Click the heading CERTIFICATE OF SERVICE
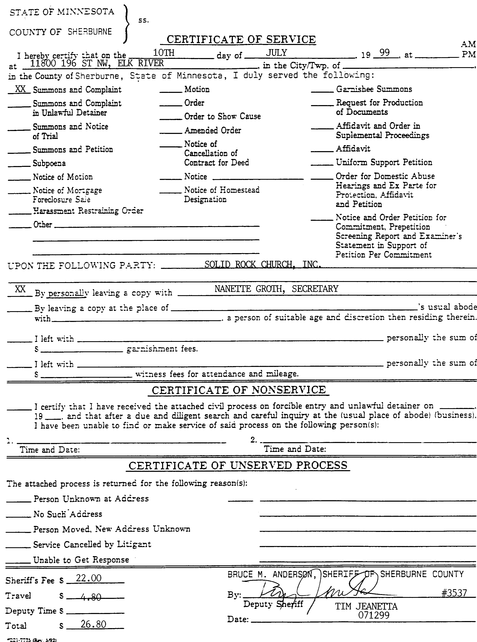tap(241, 40)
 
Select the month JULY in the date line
tap(276, 53)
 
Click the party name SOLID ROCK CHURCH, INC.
tap(263, 265)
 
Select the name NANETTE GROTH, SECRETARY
tap(276, 289)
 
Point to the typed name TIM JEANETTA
tap(366, 606)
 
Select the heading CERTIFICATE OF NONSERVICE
tap(239, 390)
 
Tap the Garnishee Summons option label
tap(374, 89)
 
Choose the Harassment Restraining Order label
tap(88, 211)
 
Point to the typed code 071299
tap(374, 615)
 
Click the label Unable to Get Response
tap(81, 560)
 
